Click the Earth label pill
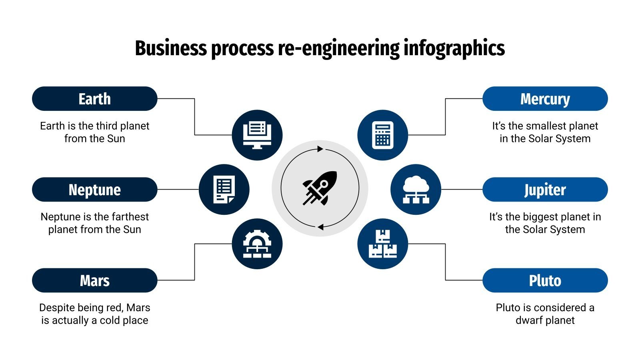(94, 99)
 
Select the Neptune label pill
(94, 190)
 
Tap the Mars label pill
(94, 280)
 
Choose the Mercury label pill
(545, 99)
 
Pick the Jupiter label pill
(545, 190)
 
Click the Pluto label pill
(545, 280)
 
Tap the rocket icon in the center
(320, 188)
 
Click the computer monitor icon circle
(257, 135)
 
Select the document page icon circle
(224, 190)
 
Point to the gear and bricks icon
(257, 244)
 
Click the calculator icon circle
(383, 135)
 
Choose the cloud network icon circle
(416, 190)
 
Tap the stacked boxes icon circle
(383, 244)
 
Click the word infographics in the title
(454, 49)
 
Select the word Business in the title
(171, 49)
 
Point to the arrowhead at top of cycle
(320, 149)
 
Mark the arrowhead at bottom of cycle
(320, 227)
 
